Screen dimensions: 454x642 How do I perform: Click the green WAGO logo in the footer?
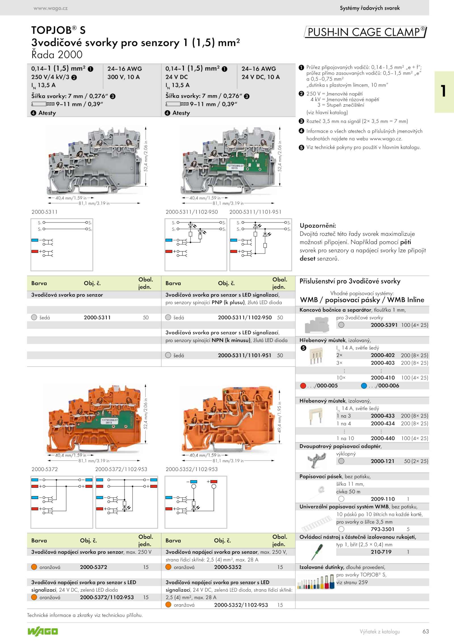[43, 631]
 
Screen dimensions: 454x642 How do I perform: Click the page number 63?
[426, 631]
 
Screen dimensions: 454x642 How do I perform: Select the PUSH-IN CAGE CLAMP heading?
[366, 32]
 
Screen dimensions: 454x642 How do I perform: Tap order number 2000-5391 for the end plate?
[384, 325]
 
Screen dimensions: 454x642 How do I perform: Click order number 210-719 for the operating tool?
[381, 552]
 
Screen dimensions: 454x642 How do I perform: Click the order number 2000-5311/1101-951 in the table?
[245, 355]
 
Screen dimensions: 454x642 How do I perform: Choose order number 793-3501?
[382, 529]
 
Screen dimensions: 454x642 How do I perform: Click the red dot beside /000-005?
[303, 386]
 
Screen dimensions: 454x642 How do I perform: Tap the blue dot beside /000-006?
[364, 386]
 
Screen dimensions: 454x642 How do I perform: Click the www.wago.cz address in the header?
[51, 8]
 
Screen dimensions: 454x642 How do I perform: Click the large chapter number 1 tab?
[444, 91]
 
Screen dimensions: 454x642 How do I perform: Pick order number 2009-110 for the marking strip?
[383, 499]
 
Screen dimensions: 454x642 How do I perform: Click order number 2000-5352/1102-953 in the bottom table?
[241, 605]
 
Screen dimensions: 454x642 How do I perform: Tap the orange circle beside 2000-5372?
[34, 567]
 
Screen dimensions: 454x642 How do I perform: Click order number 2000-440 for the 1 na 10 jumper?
[383, 438]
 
